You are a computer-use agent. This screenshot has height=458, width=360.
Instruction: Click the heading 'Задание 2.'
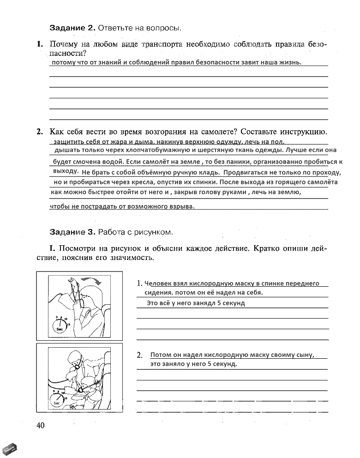(72, 28)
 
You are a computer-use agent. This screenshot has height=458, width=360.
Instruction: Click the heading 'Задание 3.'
(72, 230)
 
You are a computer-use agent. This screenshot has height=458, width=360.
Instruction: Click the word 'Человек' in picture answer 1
(159, 283)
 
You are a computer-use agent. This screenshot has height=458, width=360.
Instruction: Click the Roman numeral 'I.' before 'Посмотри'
(52, 248)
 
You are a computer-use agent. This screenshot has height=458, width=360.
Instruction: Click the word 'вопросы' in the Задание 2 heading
(164, 28)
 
